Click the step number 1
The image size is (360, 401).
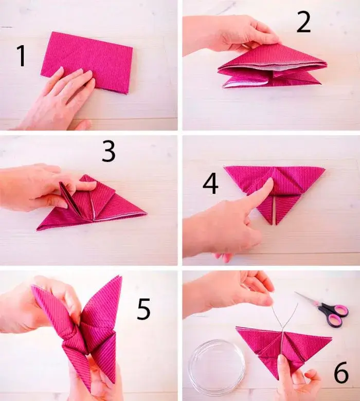(21, 56)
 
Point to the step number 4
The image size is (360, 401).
(210, 184)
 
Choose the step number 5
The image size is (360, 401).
(143, 308)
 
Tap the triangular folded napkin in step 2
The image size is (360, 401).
(273, 67)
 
